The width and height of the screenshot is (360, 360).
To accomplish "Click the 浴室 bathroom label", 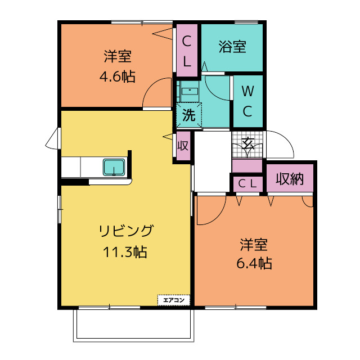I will tap(232, 47).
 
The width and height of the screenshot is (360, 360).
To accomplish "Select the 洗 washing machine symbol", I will tap(188, 115).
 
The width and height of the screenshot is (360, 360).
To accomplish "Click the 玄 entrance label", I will tap(247, 143).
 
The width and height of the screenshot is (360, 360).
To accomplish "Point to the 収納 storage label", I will tap(290, 179).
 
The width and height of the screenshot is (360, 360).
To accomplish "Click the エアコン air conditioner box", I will tap(174, 300).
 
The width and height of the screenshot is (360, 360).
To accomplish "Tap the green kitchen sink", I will tap(114, 167).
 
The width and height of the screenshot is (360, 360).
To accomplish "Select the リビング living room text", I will tap(125, 231).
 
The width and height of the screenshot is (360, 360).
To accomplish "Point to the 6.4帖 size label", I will tap(254, 263).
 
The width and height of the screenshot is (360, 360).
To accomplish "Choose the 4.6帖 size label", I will tap(117, 76).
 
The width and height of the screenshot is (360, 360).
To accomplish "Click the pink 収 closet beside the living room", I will tap(183, 146).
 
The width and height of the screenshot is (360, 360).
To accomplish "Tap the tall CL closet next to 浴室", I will tap(187, 51).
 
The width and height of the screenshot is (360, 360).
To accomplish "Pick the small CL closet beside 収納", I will tap(247, 183).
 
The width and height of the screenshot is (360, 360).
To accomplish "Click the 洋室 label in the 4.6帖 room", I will tap(117, 57).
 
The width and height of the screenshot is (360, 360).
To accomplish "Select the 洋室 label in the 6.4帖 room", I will tap(254, 244).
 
